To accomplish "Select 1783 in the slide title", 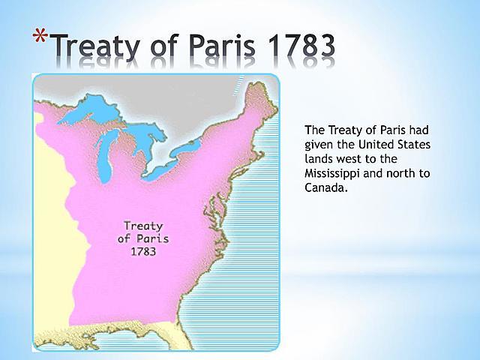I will (295, 47).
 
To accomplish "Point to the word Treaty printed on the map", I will (143, 225).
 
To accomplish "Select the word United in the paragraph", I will (378, 143).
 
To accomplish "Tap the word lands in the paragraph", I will (320, 158).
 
